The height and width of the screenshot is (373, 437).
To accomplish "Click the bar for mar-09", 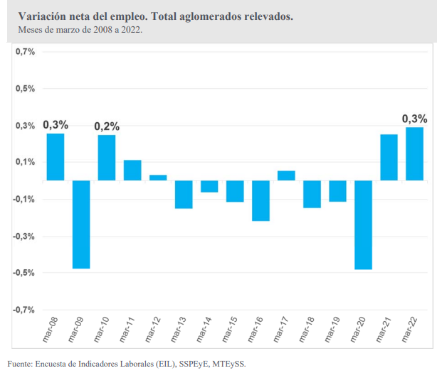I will click(81, 224).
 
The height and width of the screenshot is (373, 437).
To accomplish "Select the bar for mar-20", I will click(363, 225).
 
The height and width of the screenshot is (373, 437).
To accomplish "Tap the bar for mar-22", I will click(414, 153).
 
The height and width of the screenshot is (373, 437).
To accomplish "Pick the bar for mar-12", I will click(158, 178).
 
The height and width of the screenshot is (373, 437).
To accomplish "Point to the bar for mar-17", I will click(286, 175).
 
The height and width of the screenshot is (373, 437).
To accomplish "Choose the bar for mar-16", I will click(260, 200).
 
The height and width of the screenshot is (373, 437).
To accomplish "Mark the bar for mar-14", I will click(209, 186).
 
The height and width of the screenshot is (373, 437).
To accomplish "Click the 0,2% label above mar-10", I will click(107, 126).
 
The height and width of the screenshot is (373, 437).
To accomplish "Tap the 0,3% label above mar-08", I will click(56, 125).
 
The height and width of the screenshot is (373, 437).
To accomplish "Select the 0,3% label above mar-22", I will click(414, 119).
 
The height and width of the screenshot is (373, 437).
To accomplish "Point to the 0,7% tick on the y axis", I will click(26, 52).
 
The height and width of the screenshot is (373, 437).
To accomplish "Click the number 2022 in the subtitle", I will click(130, 30).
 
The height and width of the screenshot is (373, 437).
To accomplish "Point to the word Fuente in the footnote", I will click(21, 363).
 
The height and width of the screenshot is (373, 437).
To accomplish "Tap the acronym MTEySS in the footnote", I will click(229, 363).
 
